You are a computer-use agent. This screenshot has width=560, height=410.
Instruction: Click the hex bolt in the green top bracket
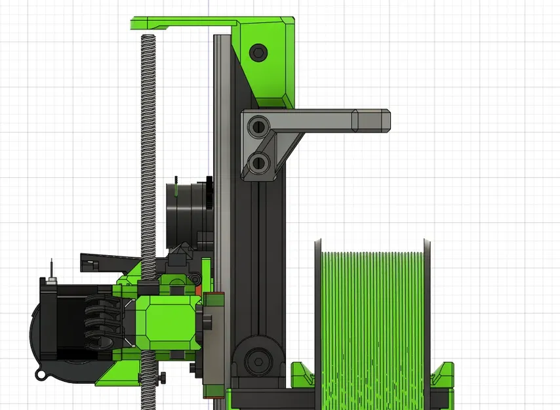tap(258, 52)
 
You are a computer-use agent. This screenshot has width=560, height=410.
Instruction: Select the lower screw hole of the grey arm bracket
tap(259, 161)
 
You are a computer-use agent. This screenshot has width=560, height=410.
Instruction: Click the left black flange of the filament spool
tap(317, 315)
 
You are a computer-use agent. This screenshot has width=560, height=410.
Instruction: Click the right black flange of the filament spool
tap(427, 315)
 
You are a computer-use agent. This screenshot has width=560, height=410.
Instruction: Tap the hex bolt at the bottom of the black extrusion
tap(256, 360)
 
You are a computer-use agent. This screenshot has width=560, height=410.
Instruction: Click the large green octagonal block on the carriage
tap(169, 321)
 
